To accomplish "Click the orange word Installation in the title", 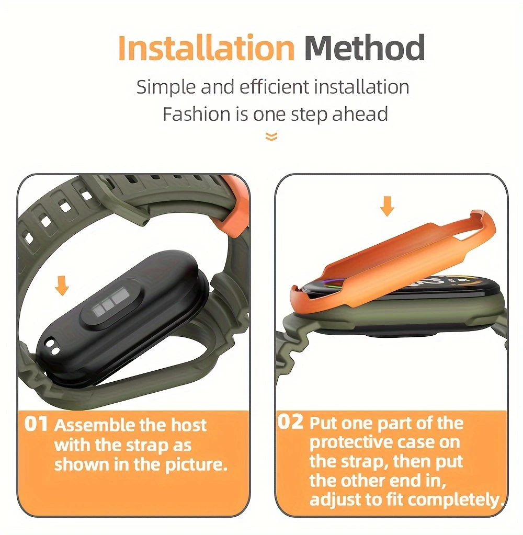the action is (206, 48).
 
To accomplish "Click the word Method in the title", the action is (365, 48).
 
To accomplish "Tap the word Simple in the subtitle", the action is (166, 87).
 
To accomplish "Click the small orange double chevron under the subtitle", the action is (271, 136).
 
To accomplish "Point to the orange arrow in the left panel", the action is (62, 286).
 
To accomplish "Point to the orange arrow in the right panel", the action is (387, 206).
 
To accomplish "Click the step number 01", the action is (36, 424).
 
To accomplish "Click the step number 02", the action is (290, 422).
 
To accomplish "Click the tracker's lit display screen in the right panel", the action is (403, 284).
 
